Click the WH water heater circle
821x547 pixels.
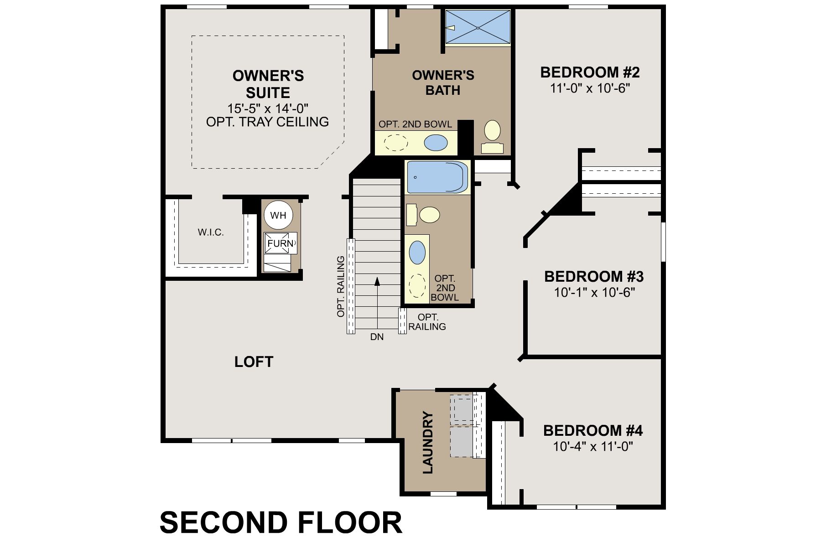tap(278, 215)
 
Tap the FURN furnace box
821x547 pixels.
tap(281, 243)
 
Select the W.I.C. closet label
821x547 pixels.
tap(211, 232)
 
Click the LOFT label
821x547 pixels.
tap(254, 362)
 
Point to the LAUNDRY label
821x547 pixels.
tap(428, 442)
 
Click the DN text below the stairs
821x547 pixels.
tap(377, 337)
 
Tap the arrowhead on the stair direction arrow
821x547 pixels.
tap(377, 281)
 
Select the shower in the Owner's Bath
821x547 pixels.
tap(478, 28)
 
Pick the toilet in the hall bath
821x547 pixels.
tap(423, 214)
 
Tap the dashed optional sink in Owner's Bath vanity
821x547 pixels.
tap(396, 143)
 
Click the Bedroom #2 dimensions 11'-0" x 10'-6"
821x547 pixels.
tap(590, 88)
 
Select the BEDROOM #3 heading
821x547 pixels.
tap(594, 277)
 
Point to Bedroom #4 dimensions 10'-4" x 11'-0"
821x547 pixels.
tap(593, 446)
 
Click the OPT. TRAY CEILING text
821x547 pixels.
tap(268, 122)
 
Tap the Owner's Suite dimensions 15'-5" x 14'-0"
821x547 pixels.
tap(268, 108)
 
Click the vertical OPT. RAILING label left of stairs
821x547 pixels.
tap(340, 287)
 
